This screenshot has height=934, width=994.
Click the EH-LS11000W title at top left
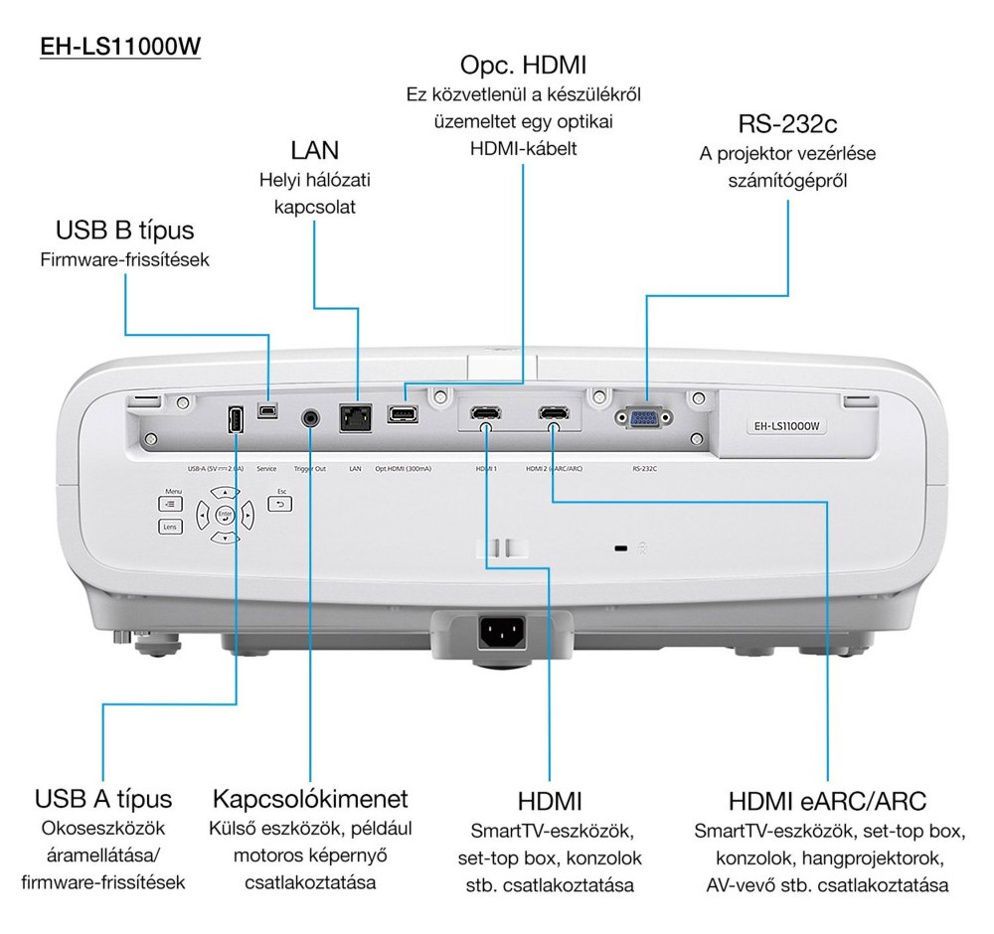pyautogui.click(x=120, y=47)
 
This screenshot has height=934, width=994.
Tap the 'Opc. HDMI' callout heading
pyautogui.click(x=523, y=67)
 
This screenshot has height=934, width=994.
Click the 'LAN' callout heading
pyautogui.click(x=314, y=150)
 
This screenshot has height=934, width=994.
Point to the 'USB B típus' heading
pyautogui.click(x=125, y=232)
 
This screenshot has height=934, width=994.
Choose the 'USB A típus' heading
pyautogui.click(x=103, y=798)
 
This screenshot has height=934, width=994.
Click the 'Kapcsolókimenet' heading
pyautogui.click(x=310, y=799)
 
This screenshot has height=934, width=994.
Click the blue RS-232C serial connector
pyautogui.click(x=643, y=417)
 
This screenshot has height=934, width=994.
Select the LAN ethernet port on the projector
pyautogui.click(x=354, y=416)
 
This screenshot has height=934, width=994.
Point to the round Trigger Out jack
pyautogui.click(x=311, y=417)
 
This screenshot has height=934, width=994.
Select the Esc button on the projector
pyautogui.click(x=280, y=504)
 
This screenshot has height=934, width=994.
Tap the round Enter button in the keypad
pyautogui.click(x=225, y=515)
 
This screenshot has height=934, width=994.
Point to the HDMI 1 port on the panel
pyautogui.click(x=485, y=413)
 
